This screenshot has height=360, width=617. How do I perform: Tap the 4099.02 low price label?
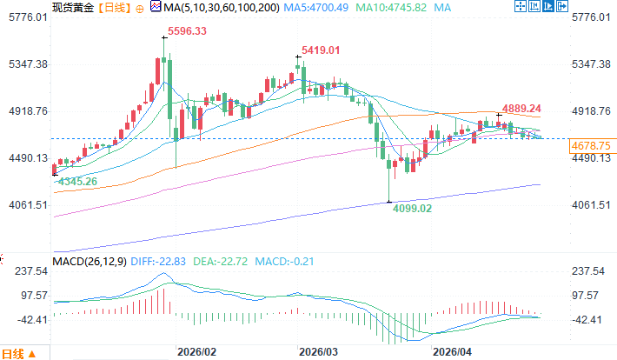point(411,210)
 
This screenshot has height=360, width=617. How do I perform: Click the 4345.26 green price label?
point(76,182)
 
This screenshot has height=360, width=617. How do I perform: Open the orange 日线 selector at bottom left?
point(17,354)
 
